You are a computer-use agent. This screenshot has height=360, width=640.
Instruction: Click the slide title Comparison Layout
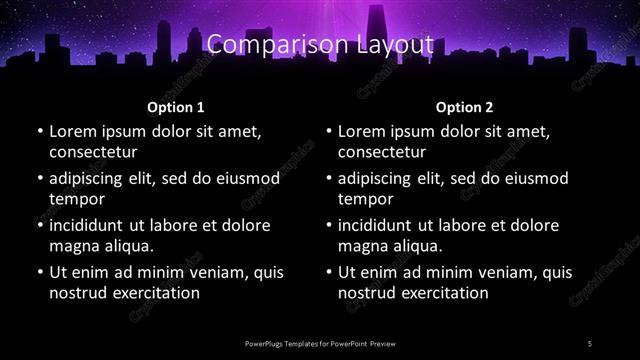click(320, 45)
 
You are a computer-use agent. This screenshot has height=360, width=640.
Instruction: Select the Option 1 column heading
click(176, 106)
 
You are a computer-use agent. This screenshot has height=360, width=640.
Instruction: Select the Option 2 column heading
click(465, 106)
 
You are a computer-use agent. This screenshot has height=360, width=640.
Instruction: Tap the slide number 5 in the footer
click(591, 343)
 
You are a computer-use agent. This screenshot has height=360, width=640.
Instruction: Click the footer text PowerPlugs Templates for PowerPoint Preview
click(320, 343)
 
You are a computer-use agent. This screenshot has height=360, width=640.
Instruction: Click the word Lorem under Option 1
click(72, 131)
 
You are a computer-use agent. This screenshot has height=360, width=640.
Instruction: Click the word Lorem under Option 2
click(361, 131)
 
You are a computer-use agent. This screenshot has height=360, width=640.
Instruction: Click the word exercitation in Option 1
click(150, 293)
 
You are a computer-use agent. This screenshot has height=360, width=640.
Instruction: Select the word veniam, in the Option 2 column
click(513, 272)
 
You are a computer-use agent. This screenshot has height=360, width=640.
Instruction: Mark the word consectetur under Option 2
click(382, 152)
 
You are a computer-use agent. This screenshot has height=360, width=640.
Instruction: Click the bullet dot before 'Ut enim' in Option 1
click(38, 272)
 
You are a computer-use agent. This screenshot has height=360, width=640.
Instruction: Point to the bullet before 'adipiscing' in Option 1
click(38, 178)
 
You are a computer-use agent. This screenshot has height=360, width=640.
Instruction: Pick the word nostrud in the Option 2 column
click(370, 293)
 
